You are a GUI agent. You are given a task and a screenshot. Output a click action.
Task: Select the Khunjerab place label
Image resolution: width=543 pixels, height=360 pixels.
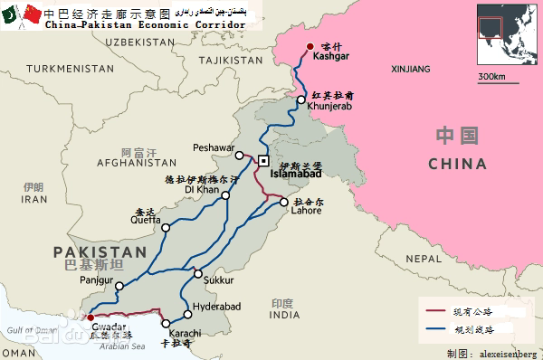(328, 107)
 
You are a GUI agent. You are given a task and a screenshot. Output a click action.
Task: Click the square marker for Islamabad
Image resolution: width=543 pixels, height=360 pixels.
(263, 160)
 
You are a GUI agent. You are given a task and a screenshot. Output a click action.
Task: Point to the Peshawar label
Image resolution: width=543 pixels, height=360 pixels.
(214, 147)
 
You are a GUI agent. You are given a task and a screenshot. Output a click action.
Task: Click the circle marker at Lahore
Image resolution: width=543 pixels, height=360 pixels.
(284, 202)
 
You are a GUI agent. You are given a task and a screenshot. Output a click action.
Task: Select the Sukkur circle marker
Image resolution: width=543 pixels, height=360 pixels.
(199, 273)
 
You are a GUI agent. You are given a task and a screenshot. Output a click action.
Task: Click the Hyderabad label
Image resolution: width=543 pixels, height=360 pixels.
(219, 307)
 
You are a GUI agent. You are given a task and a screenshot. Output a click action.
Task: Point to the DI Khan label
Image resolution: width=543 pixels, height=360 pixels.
(202, 190)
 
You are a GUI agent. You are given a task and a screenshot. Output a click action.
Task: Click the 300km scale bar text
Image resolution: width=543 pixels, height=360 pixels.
(491, 76)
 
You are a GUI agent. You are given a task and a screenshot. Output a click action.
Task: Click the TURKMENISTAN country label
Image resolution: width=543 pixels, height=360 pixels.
(64, 69)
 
